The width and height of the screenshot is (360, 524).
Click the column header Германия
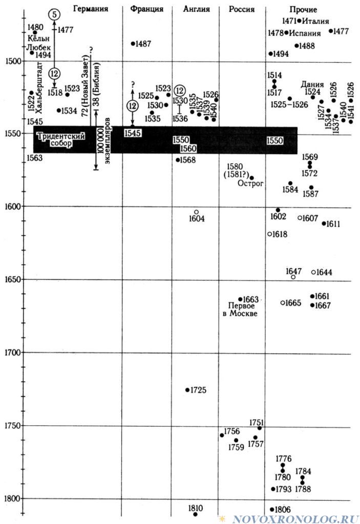click(x=90, y=9)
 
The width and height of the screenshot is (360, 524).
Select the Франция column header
click(x=147, y=9)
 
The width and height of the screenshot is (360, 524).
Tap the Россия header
click(x=242, y=9)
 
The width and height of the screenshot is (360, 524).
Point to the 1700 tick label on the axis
click(x=13, y=352)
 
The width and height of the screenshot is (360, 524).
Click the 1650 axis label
click(x=13, y=279)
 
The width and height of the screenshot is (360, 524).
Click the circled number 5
click(x=54, y=14)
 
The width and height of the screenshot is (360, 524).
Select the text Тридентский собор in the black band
click(x=61, y=140)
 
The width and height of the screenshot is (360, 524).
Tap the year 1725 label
click(x=198, y=390)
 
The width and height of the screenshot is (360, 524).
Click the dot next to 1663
click(x=240, y=299)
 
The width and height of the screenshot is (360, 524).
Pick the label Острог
click(x=250, y=183)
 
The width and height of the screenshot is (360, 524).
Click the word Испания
click(x=305, y=33)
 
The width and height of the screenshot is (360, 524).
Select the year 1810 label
click(x=196, y=508)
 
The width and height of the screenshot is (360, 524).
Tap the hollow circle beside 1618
click(x=270, y=234)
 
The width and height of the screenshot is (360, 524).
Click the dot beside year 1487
click(x=133, y=43)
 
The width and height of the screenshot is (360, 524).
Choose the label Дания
click(x=312, y=84)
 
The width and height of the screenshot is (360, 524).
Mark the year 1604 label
click(x=197, y=219)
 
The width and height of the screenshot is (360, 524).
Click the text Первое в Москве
click(x=240, y=310)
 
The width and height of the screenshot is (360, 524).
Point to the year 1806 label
click(x=283, y=510)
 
